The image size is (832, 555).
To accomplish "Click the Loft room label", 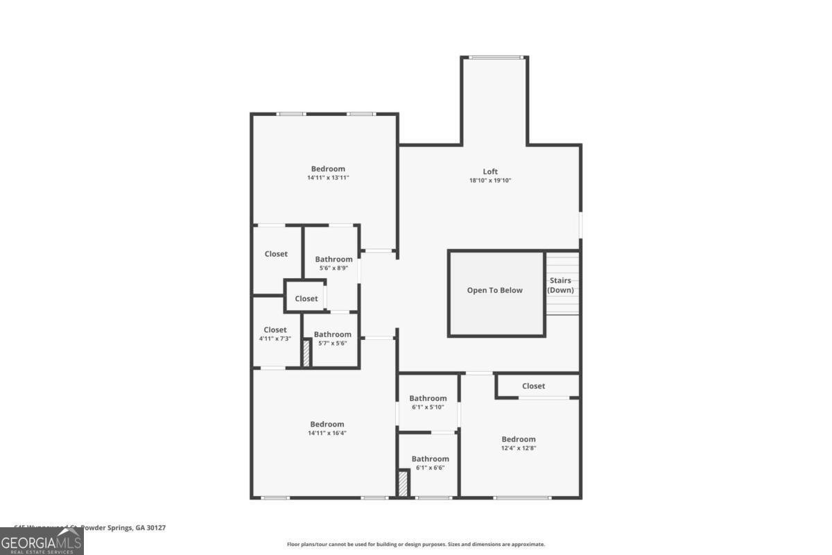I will tap(490, 171).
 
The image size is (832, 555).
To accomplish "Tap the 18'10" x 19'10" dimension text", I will tap(490, 180).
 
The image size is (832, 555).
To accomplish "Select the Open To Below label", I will tap(495, 290).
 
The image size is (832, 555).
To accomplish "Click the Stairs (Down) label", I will tap(560, 285).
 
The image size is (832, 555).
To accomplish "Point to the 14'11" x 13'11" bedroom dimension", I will tap(328, 178).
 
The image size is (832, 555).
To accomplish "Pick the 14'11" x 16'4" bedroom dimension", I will tap(327, 433).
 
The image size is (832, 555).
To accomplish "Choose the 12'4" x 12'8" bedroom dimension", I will tap(519, 447).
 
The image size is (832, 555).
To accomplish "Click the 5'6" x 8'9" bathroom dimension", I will tap(333, 268).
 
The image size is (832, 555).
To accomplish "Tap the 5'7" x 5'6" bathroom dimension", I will tap(332, 343).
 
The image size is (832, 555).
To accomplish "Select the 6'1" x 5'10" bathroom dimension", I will tap(428, 407).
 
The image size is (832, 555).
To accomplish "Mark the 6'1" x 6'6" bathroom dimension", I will tap(430, 468).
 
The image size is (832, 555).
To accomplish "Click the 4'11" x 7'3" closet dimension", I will tap(275, 339).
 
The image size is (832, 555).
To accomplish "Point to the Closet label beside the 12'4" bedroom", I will tap(533, 386).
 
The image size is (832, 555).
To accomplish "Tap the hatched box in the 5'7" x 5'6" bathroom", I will tap(305, 352).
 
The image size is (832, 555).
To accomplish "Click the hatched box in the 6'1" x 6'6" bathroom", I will tap(403, 483).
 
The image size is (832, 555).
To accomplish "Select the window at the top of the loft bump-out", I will tap(495, 57).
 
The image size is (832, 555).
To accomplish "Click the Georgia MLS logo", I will tap(42, 541).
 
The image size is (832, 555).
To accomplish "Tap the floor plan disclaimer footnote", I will tap(416, 545).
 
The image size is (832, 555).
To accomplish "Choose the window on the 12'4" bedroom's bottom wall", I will tap(522, 497).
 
